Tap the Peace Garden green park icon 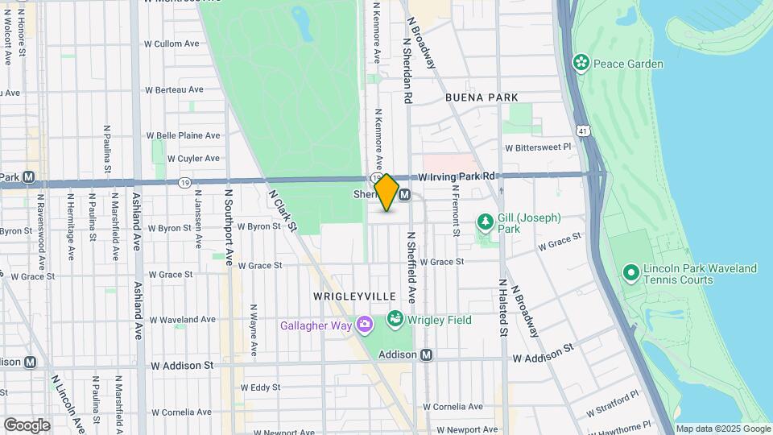click(580, 63)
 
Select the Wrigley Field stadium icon click(395, 320)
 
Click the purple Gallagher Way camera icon click(366, 325)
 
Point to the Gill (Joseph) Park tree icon click(485, 221)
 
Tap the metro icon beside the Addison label click(427, 354)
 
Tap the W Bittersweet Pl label click(537, 147)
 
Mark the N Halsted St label click(503, 308)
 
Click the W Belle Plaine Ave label click(183, 135)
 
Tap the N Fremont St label click(455, 211)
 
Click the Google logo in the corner click(27, 425)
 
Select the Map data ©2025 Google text click(722, 429)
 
